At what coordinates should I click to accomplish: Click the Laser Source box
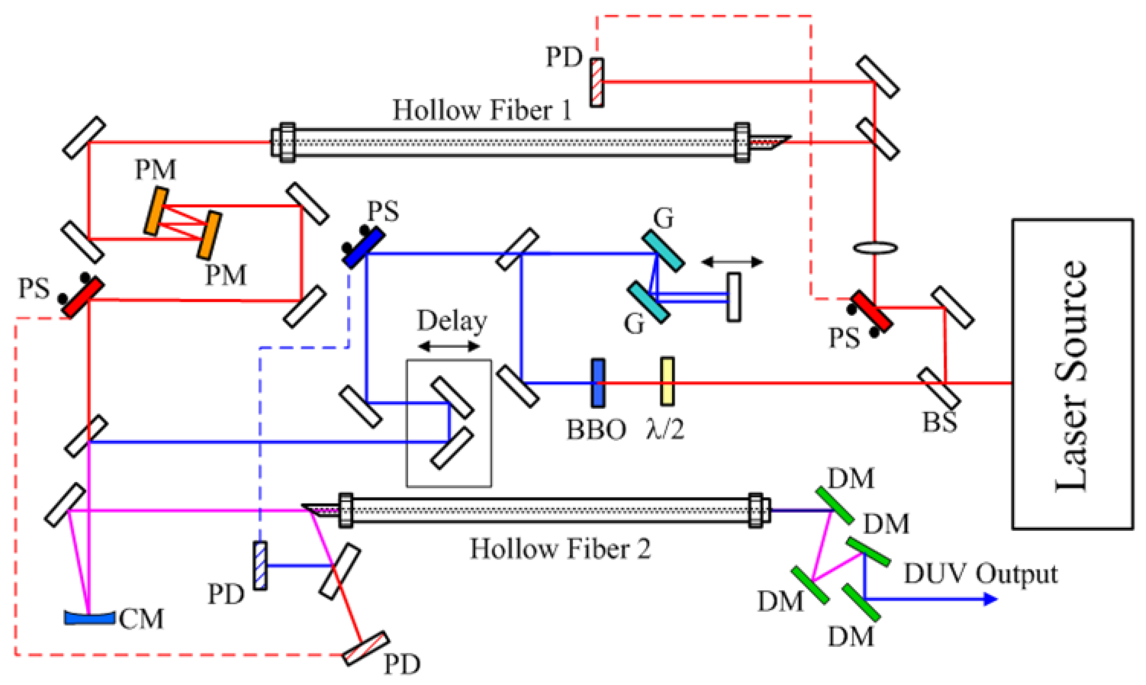tap(1072, 374)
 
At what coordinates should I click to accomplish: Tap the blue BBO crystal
tap(598, 383)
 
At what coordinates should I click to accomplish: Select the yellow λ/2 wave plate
tap(667, 381)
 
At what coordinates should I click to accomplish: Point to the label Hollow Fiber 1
tap(482, 110)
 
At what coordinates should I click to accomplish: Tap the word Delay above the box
tap(451, 321)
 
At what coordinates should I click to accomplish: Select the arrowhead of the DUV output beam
tap(990, 600)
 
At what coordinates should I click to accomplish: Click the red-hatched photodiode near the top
tap(596, 83)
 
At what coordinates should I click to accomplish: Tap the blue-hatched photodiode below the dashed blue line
tap(260, 565)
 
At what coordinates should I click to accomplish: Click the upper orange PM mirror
tap(156, 211)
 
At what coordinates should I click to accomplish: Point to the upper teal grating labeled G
tap(663, 252)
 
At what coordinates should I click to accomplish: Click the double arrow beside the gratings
tap(732, 262)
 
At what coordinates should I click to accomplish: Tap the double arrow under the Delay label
tap(449, 346)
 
